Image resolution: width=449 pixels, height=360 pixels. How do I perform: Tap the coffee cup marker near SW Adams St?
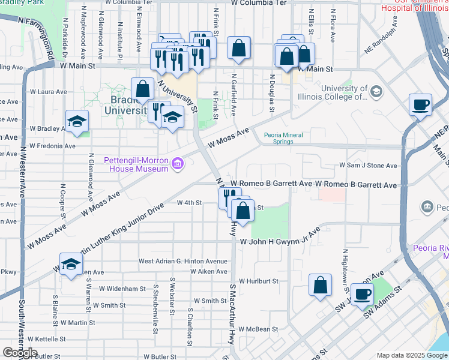362,295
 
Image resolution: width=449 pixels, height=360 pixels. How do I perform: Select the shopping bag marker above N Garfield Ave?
239,50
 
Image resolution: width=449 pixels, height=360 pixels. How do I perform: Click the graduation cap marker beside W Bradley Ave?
77,122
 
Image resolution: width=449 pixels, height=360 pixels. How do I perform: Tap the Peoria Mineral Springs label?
287,138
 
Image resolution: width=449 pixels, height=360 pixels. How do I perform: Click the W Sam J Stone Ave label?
368,166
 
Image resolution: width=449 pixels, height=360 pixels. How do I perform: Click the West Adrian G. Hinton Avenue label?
183,262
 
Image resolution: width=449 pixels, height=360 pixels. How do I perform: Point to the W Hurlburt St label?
258,281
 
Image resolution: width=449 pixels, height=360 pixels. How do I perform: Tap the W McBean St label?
258,329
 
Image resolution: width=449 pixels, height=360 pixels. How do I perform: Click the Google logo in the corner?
20,352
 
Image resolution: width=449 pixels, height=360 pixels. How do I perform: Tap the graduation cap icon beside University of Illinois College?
376,91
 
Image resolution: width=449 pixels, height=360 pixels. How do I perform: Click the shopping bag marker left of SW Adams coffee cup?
321,286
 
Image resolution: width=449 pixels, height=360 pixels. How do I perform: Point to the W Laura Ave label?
48,92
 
